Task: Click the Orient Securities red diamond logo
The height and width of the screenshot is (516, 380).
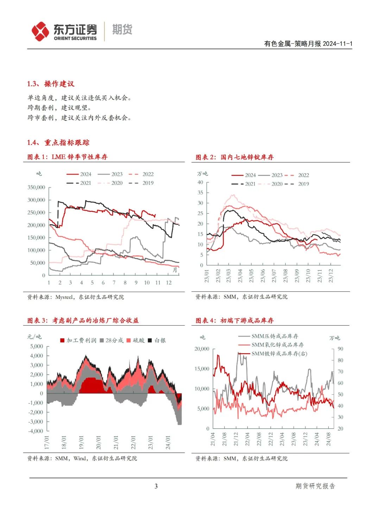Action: tap(40, 31)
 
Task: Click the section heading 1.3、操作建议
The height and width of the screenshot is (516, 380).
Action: tap(51, 84)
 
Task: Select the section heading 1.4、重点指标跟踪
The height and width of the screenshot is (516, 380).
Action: tap(58, 143)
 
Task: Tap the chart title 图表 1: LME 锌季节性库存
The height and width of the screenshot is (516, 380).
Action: tap(68, 157)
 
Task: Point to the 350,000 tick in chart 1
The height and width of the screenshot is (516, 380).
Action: tap(36, 187)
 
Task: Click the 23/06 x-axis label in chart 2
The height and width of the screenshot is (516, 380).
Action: tap(263, 275)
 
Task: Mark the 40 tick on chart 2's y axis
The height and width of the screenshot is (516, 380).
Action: tap(200, 182)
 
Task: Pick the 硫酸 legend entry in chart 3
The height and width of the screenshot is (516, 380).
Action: tap(136, 340)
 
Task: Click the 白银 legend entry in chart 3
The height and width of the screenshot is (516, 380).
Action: tap(157, 340)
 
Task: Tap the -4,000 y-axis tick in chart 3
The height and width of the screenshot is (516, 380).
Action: tap(36, 431)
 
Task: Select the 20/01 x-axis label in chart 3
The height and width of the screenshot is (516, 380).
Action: tap(99, 442)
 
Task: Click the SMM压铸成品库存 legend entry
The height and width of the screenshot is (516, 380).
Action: tap(269, 336)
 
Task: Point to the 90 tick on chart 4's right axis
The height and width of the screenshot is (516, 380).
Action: tap(340, 349)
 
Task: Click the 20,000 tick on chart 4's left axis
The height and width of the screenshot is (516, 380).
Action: tap(202, 349)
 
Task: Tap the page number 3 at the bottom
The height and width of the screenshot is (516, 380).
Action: tap(156, 486)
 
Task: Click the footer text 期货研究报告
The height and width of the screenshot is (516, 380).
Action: tap(315, 486)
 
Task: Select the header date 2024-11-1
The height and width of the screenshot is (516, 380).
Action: tap(337, 44)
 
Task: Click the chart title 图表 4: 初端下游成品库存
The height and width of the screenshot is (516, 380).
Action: tap(235, 320)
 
